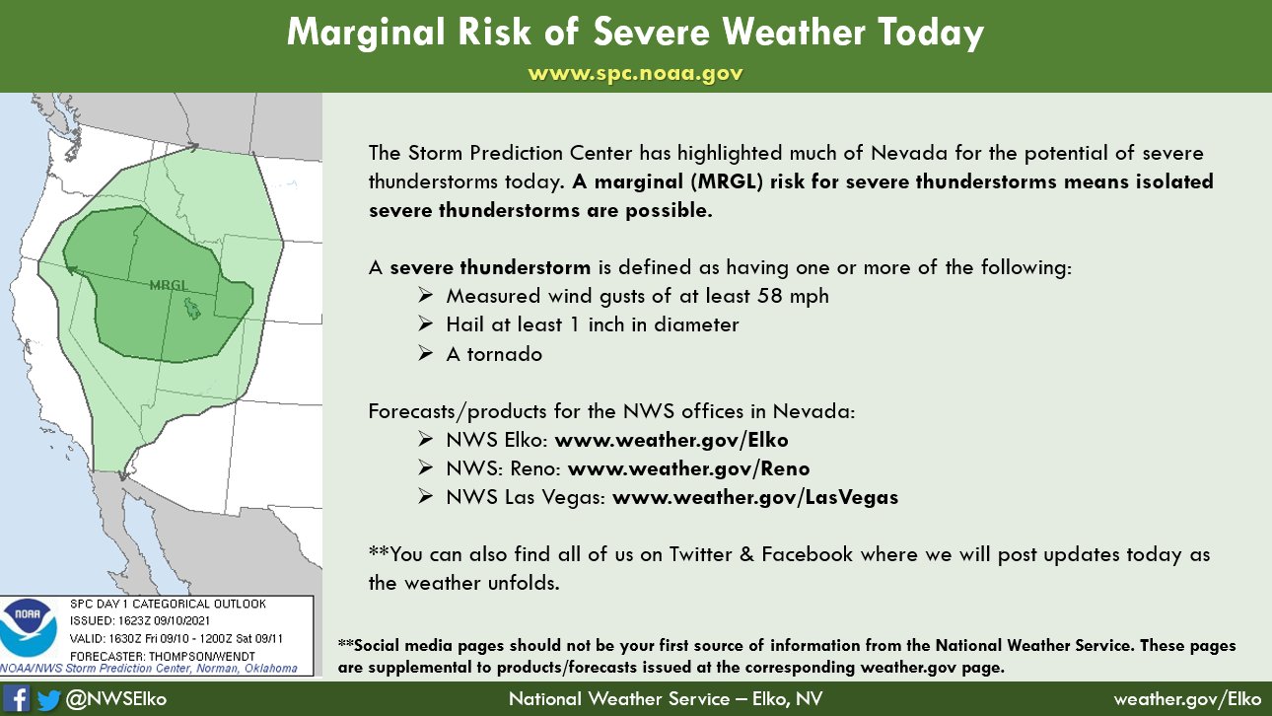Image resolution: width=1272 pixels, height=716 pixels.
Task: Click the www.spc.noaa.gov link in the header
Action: [635, 74]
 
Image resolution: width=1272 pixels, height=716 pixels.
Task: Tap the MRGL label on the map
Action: [168, 285]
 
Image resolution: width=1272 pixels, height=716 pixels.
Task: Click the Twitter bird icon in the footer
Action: [48, 698]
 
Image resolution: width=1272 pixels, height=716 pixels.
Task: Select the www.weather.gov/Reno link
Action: [688, 468]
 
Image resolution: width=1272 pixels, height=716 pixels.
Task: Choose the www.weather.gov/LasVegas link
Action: [755, 497]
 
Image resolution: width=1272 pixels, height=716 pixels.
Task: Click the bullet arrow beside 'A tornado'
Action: [425, 354]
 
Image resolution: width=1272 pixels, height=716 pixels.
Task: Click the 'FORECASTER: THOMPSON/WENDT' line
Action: [163, 656]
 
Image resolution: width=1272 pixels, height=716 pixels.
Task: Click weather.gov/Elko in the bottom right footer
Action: [1187, 699]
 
